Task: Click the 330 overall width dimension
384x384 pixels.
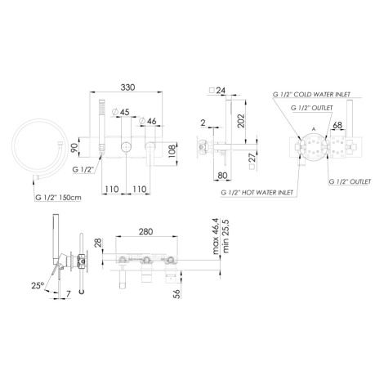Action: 127,87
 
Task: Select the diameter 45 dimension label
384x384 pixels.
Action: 121,112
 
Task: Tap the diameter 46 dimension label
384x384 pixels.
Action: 148,121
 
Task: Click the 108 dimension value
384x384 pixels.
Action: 173,153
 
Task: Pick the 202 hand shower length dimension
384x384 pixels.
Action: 241,121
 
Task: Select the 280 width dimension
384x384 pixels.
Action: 145,232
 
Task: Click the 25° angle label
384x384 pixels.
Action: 38,286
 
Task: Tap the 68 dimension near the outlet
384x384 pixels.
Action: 337,125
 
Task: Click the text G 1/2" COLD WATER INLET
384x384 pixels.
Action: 311,95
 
